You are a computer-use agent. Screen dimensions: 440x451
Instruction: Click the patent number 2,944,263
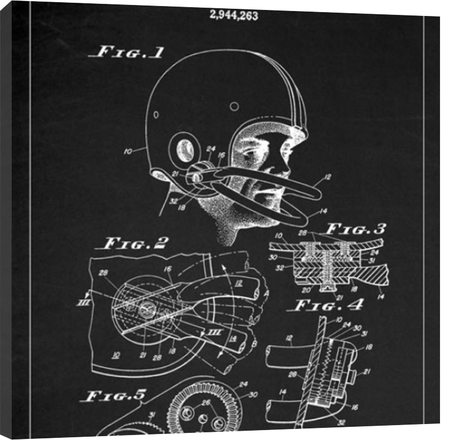(x=233, y=15)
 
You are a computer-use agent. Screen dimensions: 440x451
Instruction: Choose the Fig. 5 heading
(x=114, y=395)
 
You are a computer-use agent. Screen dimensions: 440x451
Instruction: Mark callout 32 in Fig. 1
(x=174, y=201)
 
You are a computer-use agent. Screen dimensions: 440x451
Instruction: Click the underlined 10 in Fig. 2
(x=116, y=355)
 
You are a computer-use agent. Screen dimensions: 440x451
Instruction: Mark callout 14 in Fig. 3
(x=381, y=295)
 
